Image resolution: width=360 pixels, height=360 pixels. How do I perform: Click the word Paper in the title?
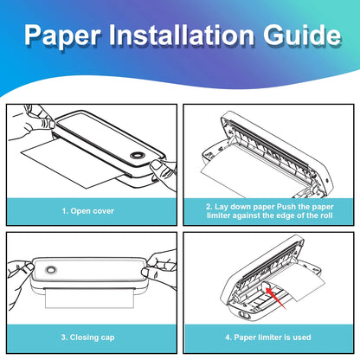(62, 35)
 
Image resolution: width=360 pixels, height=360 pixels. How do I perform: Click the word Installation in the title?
(182, 35)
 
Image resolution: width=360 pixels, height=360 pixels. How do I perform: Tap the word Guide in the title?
(302, 35)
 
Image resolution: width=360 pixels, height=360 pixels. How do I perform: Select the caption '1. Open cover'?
(88, 211)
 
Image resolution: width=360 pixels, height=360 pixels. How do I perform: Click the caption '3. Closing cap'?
(88, 337)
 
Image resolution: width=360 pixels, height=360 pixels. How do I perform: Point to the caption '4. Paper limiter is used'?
(268, 337)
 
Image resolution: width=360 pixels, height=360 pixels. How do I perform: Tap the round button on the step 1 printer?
(137, 155)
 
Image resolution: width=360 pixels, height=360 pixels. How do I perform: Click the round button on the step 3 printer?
(51, 270)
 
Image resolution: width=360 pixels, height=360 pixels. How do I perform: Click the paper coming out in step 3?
(90, 299)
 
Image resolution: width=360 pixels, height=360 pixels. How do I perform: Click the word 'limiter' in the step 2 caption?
(219, 215)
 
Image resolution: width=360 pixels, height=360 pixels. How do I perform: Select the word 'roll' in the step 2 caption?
(326, 215)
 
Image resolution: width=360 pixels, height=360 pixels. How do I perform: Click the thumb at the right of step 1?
(157, 165)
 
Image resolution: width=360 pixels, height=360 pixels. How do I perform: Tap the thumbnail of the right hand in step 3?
(145, 273)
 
